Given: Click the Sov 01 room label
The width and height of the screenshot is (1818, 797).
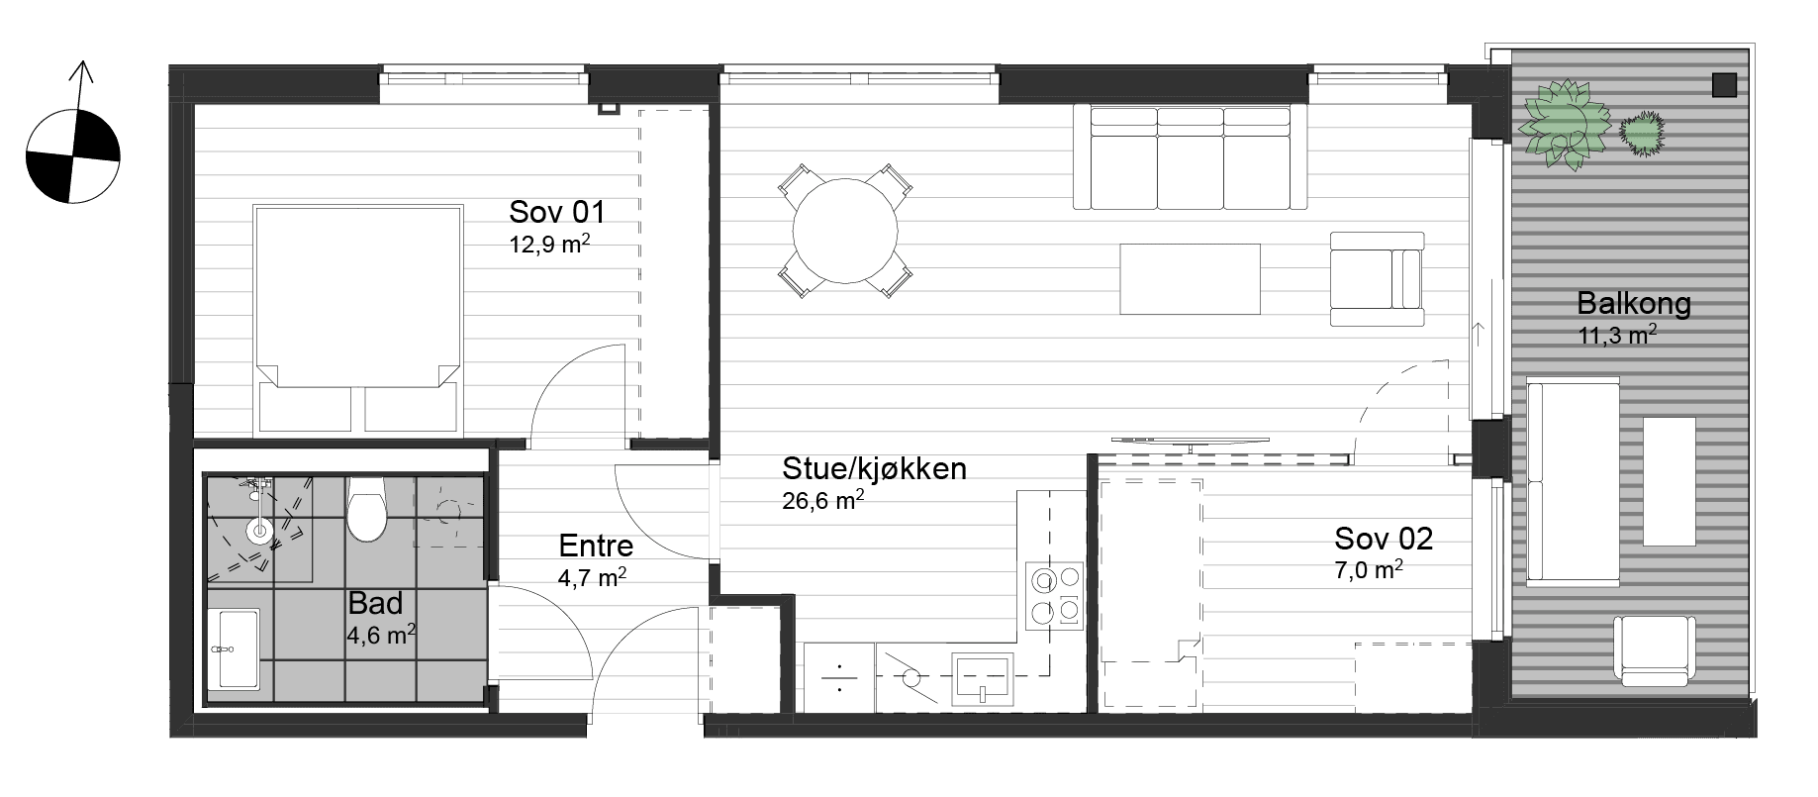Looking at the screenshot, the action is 556,212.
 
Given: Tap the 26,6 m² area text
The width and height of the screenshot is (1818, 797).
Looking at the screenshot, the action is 823,501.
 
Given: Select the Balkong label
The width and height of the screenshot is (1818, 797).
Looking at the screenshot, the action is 1634,303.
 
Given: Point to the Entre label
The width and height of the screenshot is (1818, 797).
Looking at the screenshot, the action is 596,546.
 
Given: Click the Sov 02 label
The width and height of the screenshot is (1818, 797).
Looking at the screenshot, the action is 1384,539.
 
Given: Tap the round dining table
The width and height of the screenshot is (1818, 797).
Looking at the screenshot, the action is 845,232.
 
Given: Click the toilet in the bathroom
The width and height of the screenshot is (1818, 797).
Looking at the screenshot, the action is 366,509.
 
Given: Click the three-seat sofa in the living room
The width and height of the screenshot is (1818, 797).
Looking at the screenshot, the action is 1191,157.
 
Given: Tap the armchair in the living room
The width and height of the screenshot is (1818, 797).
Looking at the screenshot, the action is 1377,279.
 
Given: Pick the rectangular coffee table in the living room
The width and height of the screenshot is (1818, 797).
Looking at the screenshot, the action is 1191,279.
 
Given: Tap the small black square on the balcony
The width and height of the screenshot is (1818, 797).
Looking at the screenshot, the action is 1725,86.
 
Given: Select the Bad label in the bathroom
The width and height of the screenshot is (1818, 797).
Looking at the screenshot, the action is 375,603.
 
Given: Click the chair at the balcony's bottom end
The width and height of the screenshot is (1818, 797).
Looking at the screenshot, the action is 1654,650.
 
